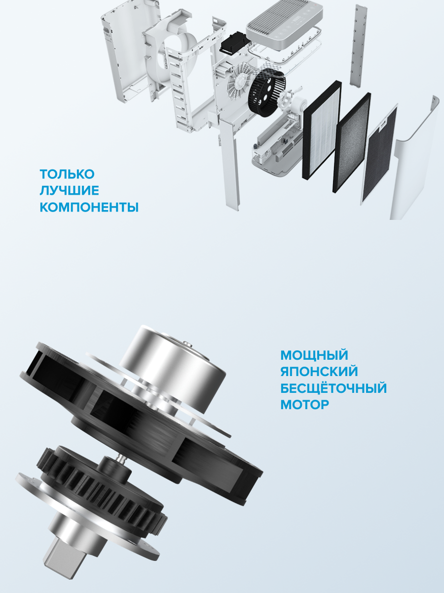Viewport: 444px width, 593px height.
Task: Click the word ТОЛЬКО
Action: (x=67, y=174)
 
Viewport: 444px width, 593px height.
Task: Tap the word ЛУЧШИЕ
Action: (x=69, y=191)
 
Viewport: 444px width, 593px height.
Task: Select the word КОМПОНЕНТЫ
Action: (x=89, y=207)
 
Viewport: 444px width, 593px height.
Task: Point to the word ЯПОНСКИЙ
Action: (x=319, y=372)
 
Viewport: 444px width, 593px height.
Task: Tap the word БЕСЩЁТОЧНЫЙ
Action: (x=333, y=388)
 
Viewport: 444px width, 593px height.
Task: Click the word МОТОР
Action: (x=304, y=405)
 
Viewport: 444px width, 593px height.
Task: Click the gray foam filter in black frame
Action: (x=352, y=143)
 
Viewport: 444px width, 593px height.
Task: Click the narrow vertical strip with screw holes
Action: (x=359, y=44)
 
